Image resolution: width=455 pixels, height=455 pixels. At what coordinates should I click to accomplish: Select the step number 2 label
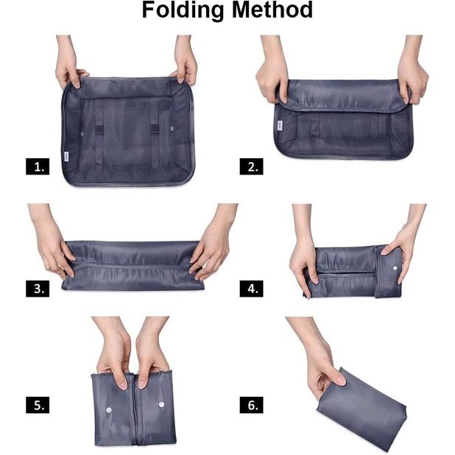[x=250, y=167]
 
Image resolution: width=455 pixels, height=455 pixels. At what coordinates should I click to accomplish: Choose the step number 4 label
[x=250, y=289]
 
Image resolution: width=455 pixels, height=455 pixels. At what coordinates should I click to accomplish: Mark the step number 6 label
[x=250, y=405]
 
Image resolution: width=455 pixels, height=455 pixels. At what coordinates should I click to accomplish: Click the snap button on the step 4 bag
[x=395, y=265]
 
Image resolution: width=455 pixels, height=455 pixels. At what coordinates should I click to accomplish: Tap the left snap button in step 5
[x=109, y=406]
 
